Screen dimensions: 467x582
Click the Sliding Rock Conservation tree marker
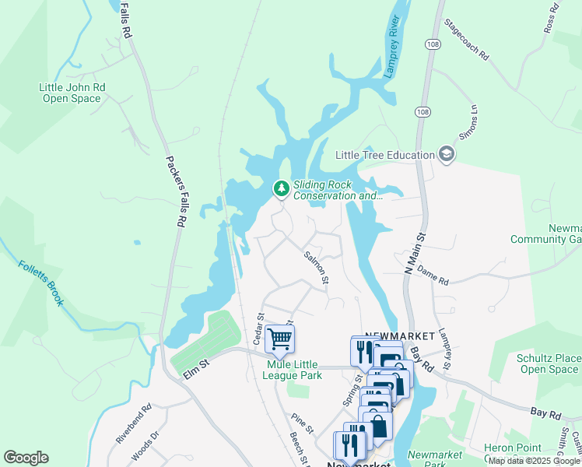[x=280, y=188]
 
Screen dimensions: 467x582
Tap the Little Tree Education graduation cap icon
[x=447, y=155]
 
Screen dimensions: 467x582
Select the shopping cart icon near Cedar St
[x=279, y=339]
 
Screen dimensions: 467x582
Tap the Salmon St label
[x=317, y=266]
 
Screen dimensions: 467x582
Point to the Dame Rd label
[x=433, y=275]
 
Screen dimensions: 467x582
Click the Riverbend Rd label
[x=133, y=424]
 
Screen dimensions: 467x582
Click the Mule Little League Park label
[x=294, y=370]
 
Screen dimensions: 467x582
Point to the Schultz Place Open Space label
[x=549, y=363]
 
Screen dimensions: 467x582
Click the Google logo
[x=26, y=458]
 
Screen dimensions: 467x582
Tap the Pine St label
[x=303, y=429]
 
